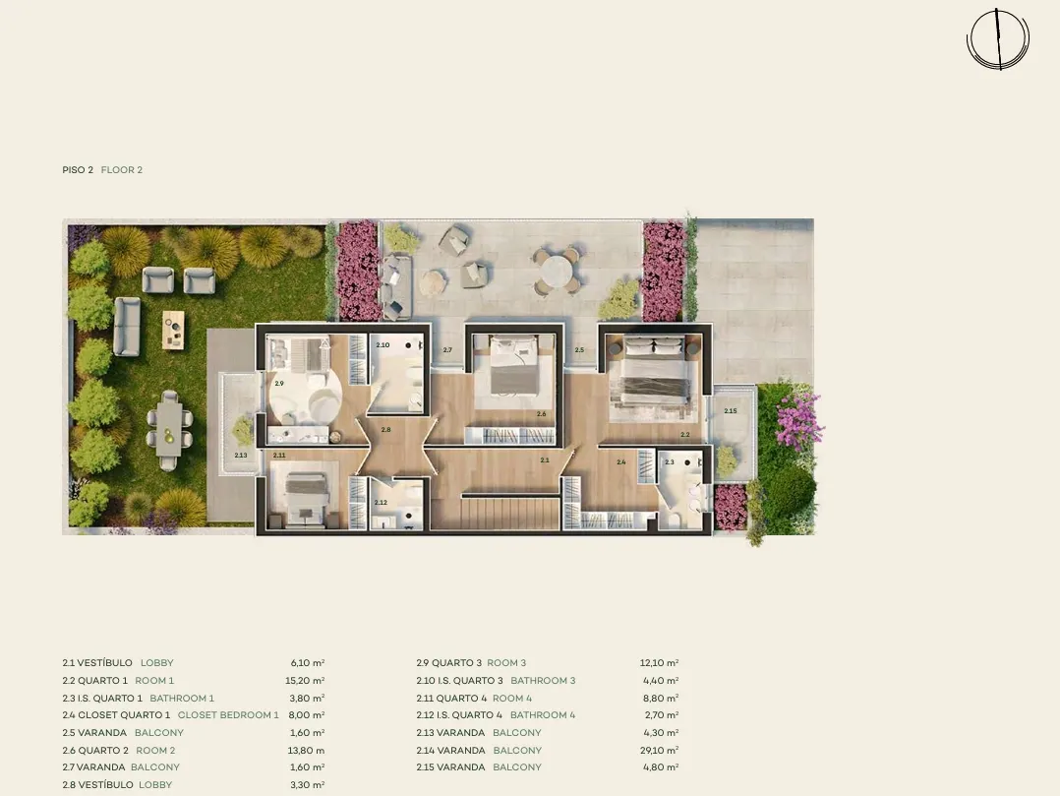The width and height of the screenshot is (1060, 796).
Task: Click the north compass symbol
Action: pyautogui.click(x=998, y=38)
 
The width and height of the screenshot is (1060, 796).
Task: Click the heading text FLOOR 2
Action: pyautogui.click(x=122, y=170)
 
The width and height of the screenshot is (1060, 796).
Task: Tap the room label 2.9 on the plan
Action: pyautogui.click(x=279, y=384)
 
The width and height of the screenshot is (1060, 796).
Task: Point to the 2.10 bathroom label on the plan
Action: pyautogui.click(x=383, y=345)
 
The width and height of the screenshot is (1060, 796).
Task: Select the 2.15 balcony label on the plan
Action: pyautogui.click(x=730, y=410)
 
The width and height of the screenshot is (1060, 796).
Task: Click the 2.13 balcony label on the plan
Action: pyautogui.click(x=241, y=456)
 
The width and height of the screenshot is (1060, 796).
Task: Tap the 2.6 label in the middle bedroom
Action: pyautogui.click(x=542, y=414)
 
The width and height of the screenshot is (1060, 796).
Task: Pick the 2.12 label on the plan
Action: pyautogui.click(x=381, y=503)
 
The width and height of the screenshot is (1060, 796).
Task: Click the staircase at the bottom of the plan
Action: pyautogui.click(x=511, y=512)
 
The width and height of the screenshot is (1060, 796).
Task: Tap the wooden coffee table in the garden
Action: pyautogui.click(x=174, y=330)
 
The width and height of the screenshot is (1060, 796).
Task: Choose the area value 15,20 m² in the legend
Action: pyautogui.click(x=305, y=680)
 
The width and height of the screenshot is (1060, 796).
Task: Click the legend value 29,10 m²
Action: pyautogui.click(x=660, y=750)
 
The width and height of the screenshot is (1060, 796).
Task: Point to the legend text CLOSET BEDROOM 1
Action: pyautogui.click(x=228, y=715)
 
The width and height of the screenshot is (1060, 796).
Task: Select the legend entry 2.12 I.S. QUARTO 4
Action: pyautogui.click(x=460, y=715)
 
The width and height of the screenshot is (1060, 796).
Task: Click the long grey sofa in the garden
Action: pyautogui.click(x=127, y=326)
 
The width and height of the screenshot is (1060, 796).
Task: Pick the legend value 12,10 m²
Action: pyautogui.click(x=660, y=663)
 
